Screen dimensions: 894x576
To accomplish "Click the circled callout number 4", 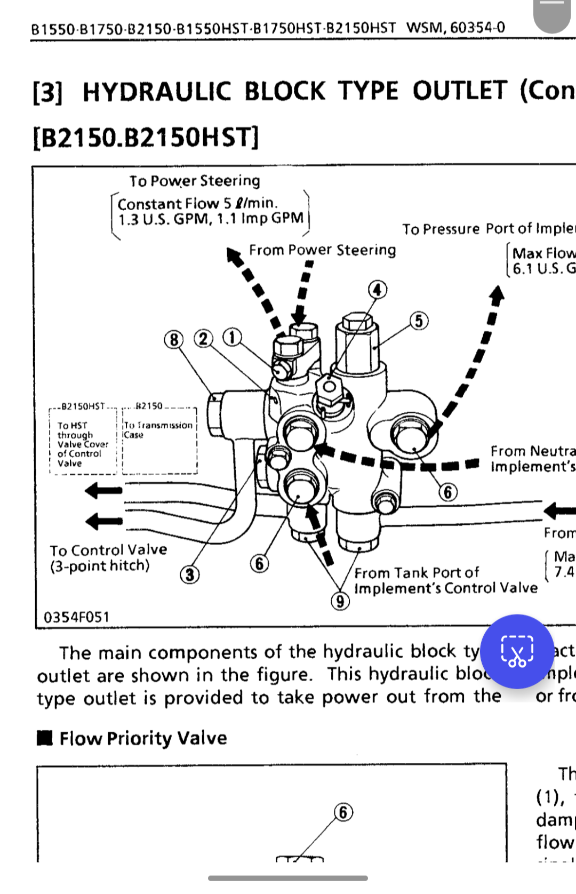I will (378, 290).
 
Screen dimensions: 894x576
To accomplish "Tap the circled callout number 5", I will (419, 321).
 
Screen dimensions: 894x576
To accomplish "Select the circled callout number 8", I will (174, 339).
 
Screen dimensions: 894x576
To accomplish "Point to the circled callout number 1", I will (231, 337).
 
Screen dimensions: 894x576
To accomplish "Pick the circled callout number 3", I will (190, 575).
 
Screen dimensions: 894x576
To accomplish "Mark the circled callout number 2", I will (203, 339).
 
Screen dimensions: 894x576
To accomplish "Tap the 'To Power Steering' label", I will (195, 181).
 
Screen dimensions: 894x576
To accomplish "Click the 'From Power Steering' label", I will (322, 250).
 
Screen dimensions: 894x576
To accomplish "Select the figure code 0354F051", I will (76, 617).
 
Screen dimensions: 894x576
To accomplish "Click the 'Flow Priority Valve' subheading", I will (143, 738).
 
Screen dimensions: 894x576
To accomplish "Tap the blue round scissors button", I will (517, 651).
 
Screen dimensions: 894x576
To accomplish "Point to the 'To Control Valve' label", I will (108, 550).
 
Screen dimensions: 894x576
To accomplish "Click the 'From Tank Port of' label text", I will (417, 573).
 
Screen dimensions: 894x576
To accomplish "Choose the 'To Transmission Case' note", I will (158, 430).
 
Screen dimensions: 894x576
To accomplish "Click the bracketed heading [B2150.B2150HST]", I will (146, 138).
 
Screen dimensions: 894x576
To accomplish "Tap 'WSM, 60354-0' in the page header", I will (455, 27).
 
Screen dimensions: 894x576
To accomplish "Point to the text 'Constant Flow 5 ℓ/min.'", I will (197, 204).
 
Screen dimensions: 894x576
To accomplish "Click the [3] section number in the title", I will (47, 92).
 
